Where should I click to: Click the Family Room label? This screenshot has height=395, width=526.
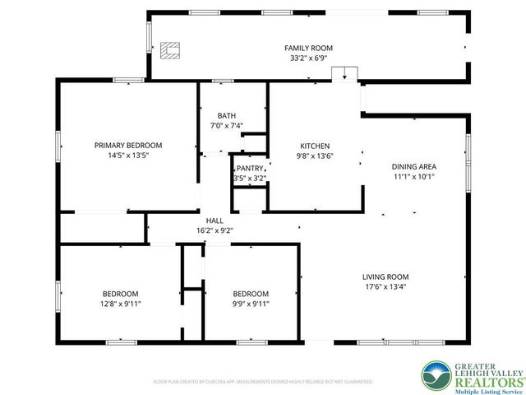[x=308, y=49]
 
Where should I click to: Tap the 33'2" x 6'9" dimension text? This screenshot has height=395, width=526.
[x=308, y=58]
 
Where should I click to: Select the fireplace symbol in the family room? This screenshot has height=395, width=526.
[x=170, y=51]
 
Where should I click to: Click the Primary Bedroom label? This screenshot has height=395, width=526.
[x=127, y=145]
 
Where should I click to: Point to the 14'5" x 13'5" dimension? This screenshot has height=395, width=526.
[x=127, y=155]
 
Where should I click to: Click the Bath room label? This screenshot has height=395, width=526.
[x=227, y=115]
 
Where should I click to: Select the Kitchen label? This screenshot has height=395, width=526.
[x=315, y=145]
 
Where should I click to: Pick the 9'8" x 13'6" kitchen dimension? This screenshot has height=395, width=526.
[x=315, y=155]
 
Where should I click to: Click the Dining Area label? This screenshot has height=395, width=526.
[x=413, y=165]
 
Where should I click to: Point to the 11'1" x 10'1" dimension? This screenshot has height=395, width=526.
[x=413, y=175]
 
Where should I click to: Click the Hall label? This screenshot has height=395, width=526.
[x=215, y=221]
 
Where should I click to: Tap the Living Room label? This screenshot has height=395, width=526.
[x=385, y=276]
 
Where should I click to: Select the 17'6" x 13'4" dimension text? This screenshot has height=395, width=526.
[x=385, y=286]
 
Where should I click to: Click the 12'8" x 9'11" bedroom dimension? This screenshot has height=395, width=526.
[x=120, y=304]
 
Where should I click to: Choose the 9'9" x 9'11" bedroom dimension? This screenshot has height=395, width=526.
[x=250, y=304]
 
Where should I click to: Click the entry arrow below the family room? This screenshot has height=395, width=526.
[x=344, y=77]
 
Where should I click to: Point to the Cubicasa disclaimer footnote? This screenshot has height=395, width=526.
[x=263, y=382]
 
